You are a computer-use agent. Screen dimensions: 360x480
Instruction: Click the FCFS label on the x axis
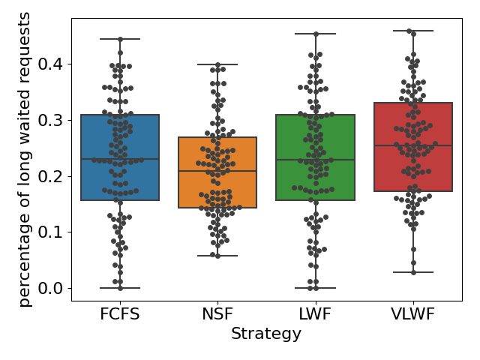[x=120, y=314]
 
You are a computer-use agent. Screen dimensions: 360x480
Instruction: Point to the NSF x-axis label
[x=217, y=314]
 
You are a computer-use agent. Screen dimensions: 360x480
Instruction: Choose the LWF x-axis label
[x=315, y=314]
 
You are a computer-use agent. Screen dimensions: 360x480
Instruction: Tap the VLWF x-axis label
[x=413, y=314]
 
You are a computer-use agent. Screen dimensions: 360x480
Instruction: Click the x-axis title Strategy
[x=266, y=334]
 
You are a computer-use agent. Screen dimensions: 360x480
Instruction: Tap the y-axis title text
[x=25, y=159]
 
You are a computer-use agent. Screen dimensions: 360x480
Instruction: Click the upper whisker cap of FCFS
[x=120, y=39]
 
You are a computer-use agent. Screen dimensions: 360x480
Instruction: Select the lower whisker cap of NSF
[x=217, y=256]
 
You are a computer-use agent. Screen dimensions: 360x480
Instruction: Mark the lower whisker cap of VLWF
[x=413, y=272]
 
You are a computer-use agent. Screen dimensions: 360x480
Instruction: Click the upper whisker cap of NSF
[x=217, y=64]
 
